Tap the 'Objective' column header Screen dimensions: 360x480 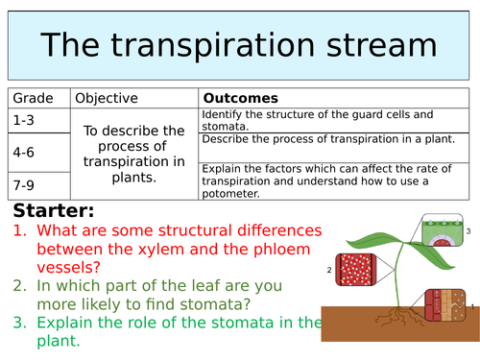[107, 98]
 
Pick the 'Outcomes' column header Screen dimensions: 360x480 [240, 98]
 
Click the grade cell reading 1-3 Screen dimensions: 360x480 [25, 119]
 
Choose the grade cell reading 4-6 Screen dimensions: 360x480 [25, 151]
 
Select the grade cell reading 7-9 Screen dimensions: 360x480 [25, 181]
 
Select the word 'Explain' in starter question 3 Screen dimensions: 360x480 [71, 322]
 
